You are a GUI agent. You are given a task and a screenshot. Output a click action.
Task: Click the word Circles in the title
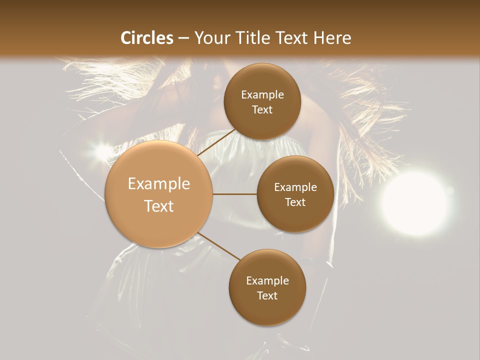147,38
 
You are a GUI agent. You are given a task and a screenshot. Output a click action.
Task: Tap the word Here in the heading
332,38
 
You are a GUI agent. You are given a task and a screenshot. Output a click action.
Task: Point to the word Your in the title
210,38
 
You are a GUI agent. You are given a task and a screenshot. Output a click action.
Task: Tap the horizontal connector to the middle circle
235,194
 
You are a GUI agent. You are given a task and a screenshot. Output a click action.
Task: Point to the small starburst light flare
104,149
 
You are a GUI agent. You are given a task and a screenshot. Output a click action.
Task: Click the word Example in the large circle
159,184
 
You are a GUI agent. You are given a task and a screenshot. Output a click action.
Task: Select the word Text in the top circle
262,110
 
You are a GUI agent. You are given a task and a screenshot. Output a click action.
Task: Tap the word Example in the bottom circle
267,281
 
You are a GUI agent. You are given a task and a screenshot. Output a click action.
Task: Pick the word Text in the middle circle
295,202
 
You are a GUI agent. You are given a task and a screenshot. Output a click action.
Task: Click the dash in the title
183,38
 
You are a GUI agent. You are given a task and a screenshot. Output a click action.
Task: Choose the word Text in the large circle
159,206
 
